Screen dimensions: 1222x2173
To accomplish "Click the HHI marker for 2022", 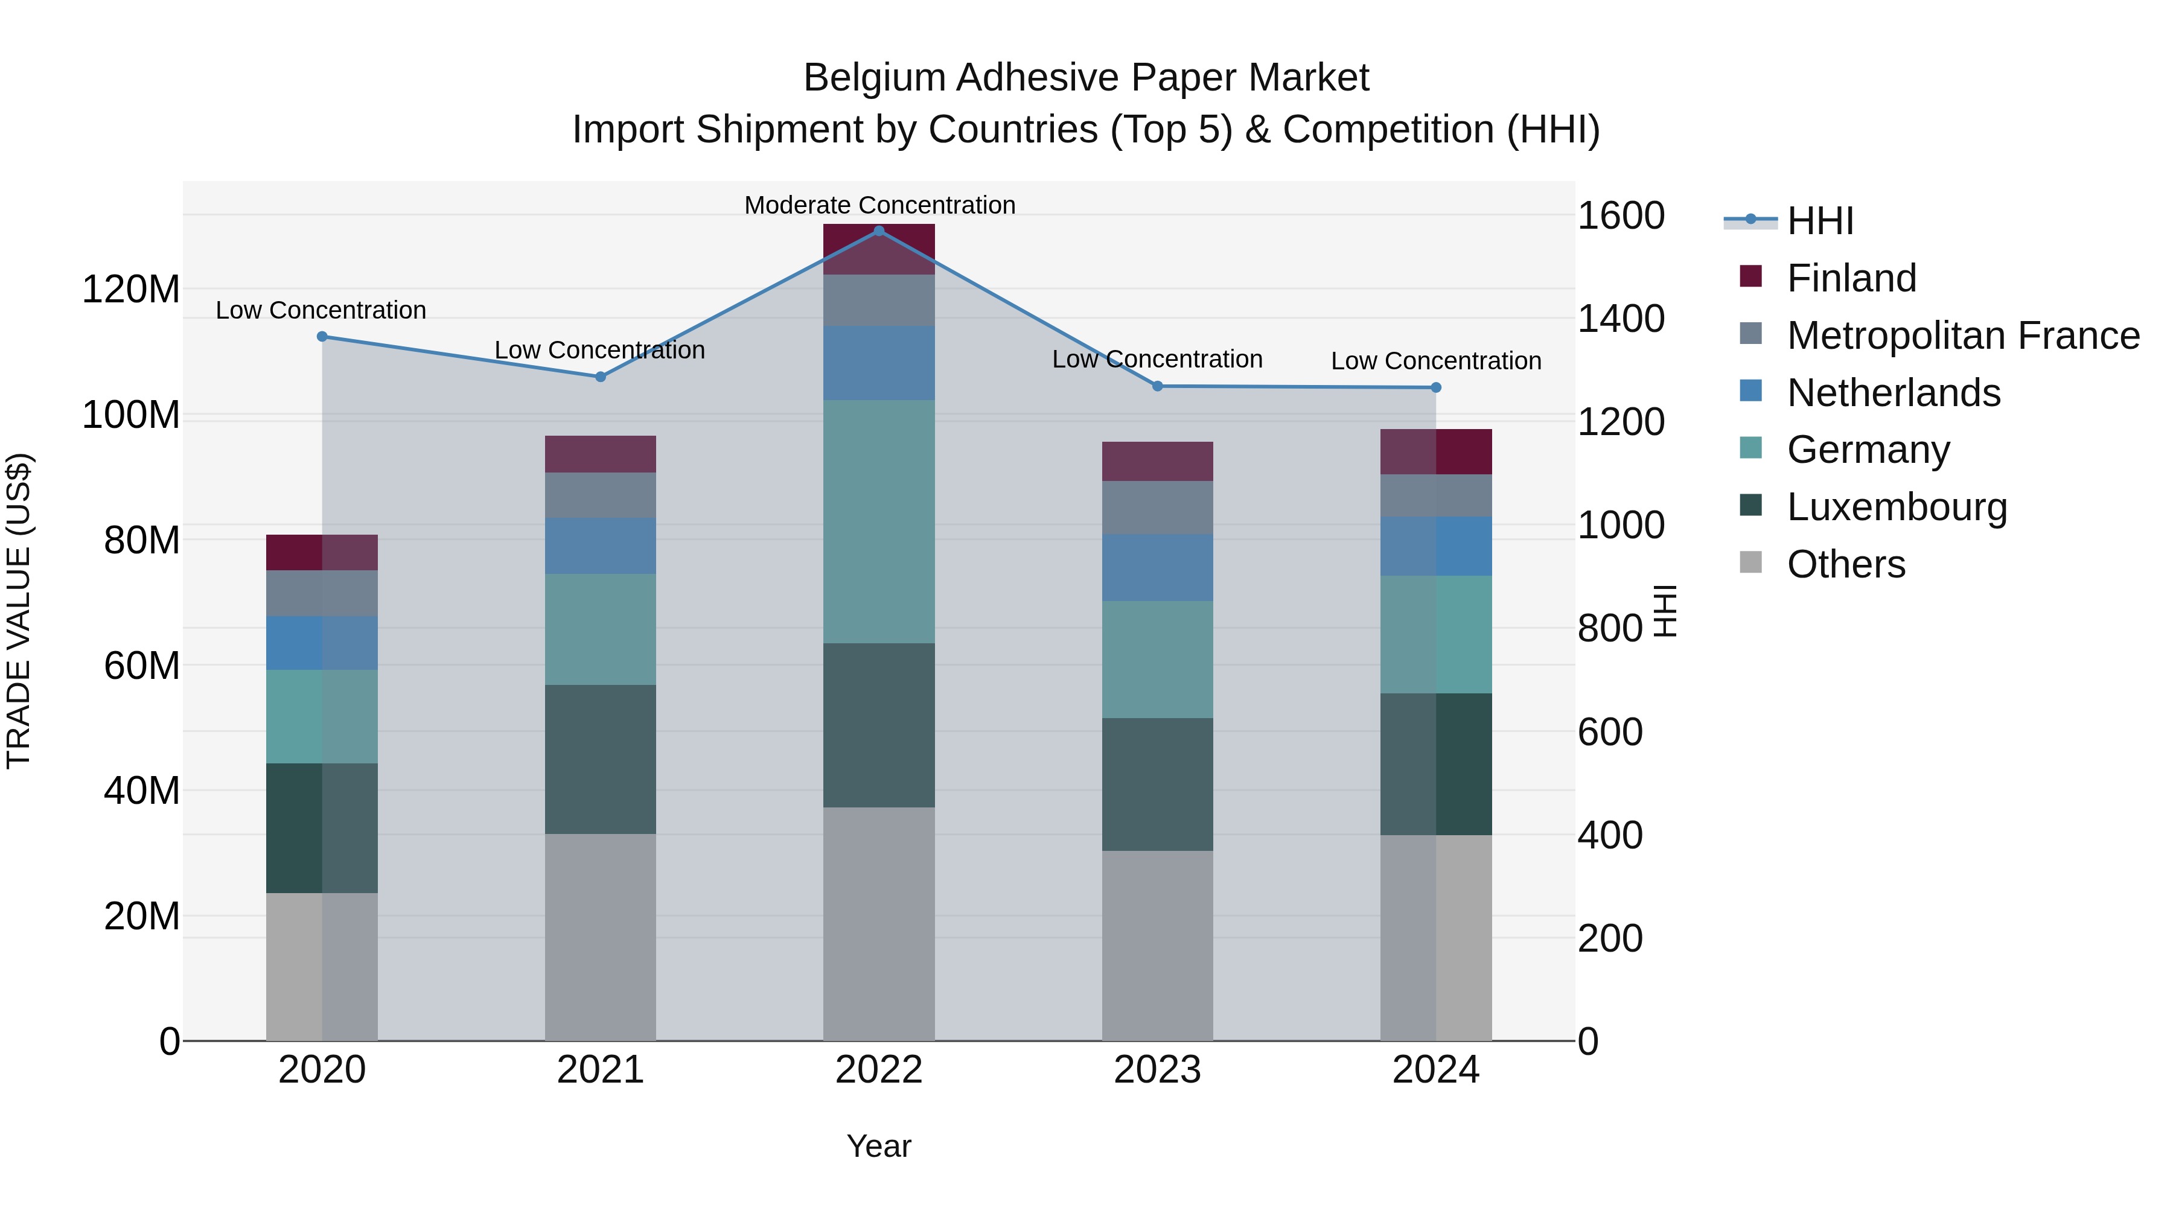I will point(878,231).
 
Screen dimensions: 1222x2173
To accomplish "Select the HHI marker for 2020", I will point(322,337).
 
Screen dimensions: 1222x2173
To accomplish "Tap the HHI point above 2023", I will point(1157,386).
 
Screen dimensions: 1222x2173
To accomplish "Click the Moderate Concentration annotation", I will point(879,205).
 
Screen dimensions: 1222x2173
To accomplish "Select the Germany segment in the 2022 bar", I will point(878,521).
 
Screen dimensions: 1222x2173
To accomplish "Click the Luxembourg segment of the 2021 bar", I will point(600,759).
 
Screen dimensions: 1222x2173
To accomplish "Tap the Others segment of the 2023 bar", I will point(1157,944).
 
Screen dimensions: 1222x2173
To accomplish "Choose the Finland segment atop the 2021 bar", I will point(600,454).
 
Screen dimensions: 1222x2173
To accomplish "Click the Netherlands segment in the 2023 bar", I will point(1157,568).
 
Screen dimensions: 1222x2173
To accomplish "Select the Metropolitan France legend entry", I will point(1962,336).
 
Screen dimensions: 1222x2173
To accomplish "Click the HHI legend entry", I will point(1819,221).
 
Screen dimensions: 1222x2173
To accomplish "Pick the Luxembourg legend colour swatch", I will point(1751,505).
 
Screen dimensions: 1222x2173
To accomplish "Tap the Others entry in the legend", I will point(1846,564).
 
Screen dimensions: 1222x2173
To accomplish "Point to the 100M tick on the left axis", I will point(131,416).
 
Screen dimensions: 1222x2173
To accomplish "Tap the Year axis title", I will point(878,1146).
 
